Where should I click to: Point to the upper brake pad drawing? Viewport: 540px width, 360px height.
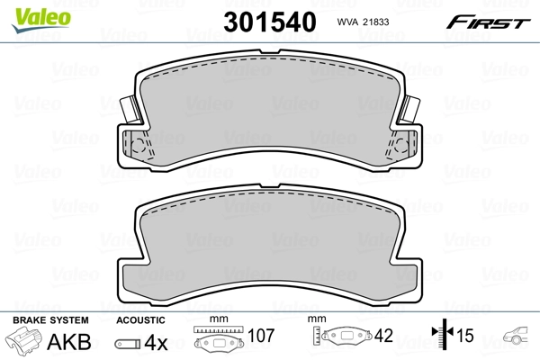270,113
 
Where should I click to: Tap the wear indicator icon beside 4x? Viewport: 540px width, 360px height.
128,343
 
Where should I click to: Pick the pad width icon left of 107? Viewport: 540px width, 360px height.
219,342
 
